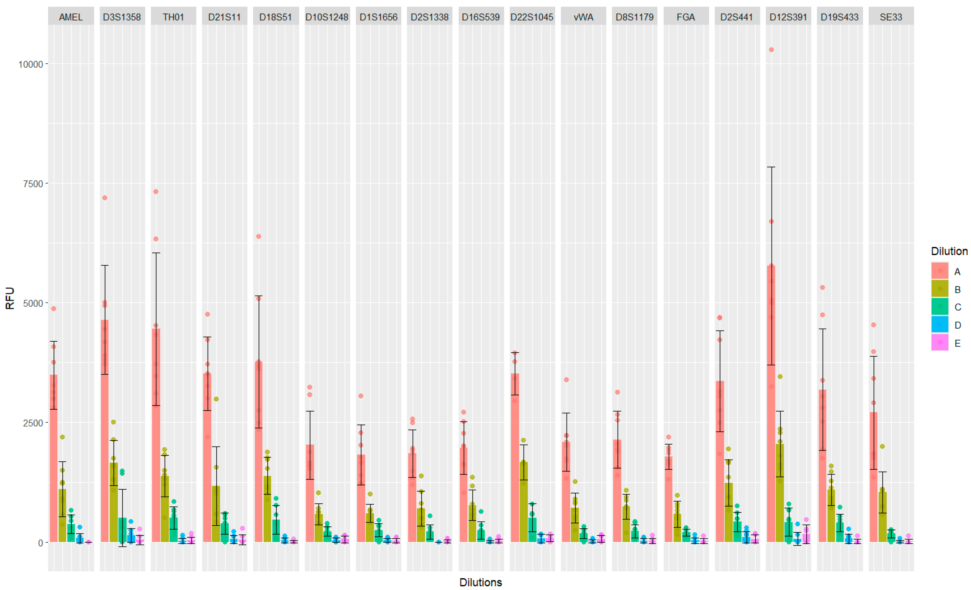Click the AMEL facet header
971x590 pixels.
tap(71, 17)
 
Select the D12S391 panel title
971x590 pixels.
tap(788, 17)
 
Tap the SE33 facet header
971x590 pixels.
tap(891, 17)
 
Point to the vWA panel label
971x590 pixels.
tap(583, 17)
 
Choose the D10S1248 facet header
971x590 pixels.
tap(327, 17)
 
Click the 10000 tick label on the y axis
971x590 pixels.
tap(30, 64)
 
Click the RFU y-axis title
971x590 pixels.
tap(9, 298)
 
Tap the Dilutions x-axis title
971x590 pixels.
tap(480, 582)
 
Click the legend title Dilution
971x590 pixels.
tap(949, 251)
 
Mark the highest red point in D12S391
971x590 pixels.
tap(771, 50)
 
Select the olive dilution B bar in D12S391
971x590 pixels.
tap(780, 492)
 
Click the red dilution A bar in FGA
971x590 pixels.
tap(668, 500)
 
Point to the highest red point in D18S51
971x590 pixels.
tap(259, 236)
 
